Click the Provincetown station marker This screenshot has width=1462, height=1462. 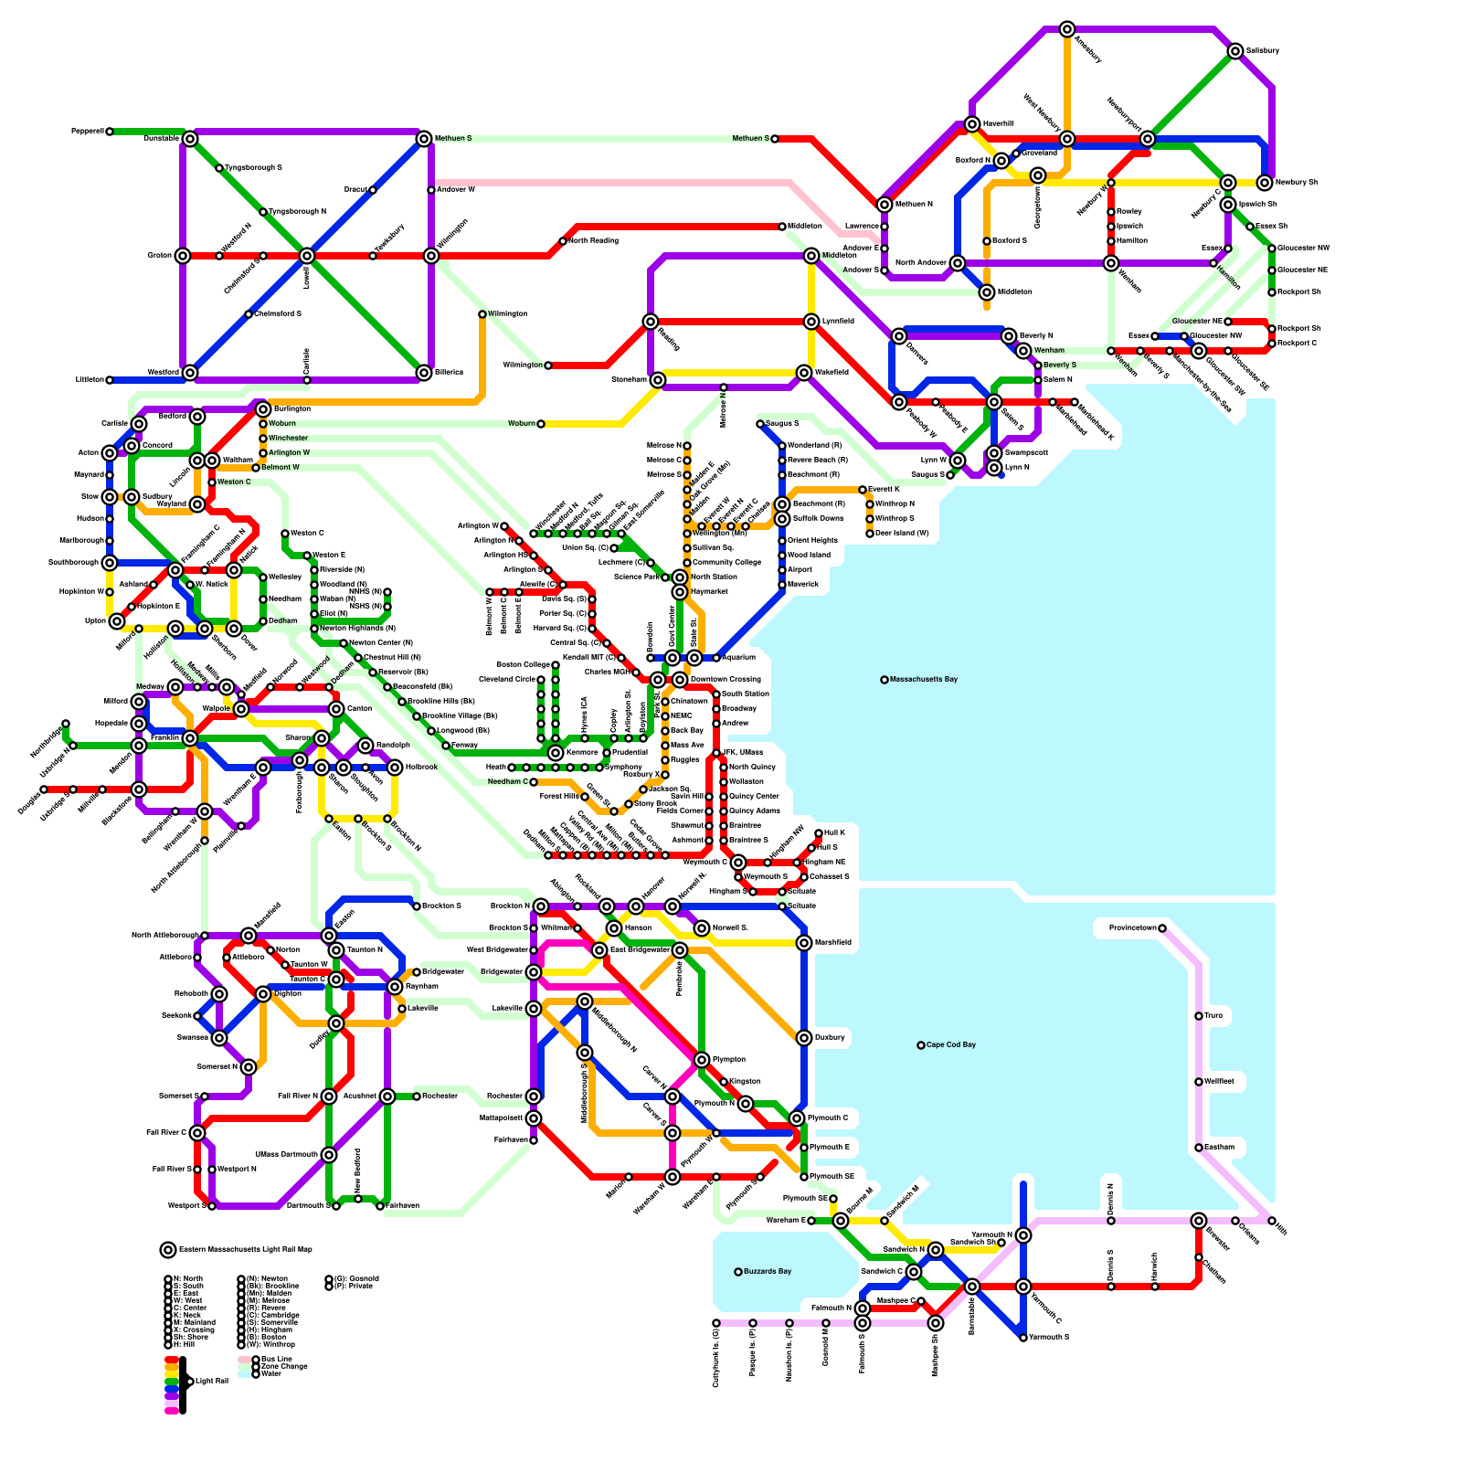[x=1162, y=928]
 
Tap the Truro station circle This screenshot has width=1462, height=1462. [x=1199, y=1016]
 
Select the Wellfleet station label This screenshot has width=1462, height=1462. [x=1219, y=1082]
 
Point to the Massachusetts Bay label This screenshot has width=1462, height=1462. [x=924, y=680]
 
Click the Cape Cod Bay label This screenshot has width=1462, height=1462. [x=951, y=1045]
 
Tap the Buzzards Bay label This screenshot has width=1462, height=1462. [x=768, y=1272]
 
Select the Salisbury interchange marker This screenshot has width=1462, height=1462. [x=1235, y=51]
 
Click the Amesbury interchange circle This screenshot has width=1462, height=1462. [x=1067, y=29]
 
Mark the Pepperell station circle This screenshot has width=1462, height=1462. [x=110, y=132]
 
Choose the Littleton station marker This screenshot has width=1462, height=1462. [x=110, y=380]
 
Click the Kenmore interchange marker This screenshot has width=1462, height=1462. [x=556, y=753]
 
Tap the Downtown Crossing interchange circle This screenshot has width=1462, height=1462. [x=680, y=680]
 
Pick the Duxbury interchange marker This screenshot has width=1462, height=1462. [x=804, y=1038]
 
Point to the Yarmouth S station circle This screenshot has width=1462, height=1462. [x=1023, y=1338]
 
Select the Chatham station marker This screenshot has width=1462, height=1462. [x=1199, y=1257]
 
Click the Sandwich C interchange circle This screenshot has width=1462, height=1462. [x=914, y=1272]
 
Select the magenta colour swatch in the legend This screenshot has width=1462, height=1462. [x=171, y=1411]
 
